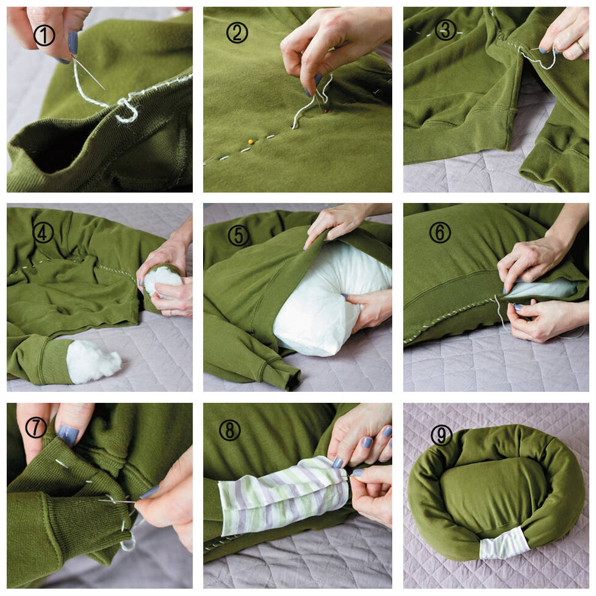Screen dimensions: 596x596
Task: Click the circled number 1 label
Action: (44, 36)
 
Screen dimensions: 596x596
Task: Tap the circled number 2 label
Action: (237, 32)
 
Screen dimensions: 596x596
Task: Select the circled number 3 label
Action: (445, 30)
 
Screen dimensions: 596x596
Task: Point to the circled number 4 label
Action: (43, 232)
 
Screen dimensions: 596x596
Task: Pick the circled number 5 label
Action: (238, 235)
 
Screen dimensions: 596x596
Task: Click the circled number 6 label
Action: (440, 232)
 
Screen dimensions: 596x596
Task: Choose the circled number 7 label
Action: (36, 428)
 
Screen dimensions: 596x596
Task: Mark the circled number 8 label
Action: (229, 430)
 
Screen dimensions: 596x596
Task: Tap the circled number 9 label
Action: (441, 435)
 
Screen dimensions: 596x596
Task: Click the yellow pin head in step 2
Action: (250, 141)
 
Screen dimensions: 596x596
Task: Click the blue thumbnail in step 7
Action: (68, 435)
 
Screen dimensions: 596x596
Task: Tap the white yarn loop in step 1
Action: (127, 110)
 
